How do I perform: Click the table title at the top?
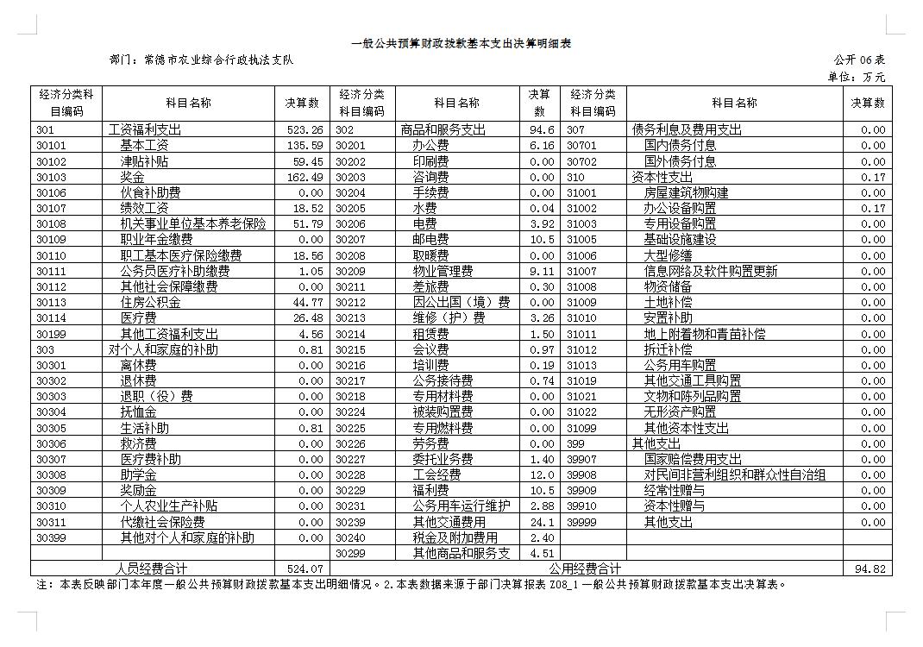[x=461, y=43]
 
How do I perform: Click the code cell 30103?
[x=51, y=177]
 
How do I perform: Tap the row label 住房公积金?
[x=151, y=302]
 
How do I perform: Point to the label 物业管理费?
[x=443, y=271]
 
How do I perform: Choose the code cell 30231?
[x=350, y=506]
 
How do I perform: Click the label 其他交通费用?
[x=449, y=522]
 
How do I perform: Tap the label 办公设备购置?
[x=680, y=208]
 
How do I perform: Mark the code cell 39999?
[x=581, y=522]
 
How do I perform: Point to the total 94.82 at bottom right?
[x=869, y=568]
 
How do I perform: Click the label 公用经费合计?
[x=585, y=568]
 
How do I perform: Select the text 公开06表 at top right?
[x=859, y=60]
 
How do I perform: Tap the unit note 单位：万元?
[x=856, y=77]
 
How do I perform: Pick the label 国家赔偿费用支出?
[x=693, y=459]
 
